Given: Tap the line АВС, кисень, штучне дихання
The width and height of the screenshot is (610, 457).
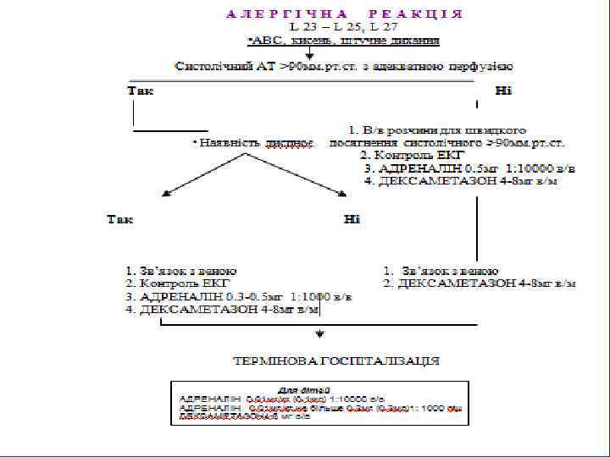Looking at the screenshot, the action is tap(343, 40).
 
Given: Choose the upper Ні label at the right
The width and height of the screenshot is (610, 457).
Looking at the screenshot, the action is tap(503, 91).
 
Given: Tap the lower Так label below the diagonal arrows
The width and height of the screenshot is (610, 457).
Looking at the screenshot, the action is tap(119, 220).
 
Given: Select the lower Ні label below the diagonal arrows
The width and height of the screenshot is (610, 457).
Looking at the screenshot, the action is tap(352, 220).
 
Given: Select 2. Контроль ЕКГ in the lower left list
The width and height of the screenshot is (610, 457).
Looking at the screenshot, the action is tap(178, 284).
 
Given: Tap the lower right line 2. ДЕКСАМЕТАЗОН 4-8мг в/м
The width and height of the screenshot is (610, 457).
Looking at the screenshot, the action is tap(479, 284).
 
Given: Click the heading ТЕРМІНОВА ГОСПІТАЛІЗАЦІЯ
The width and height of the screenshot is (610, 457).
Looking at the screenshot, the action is tap(337, 361).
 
